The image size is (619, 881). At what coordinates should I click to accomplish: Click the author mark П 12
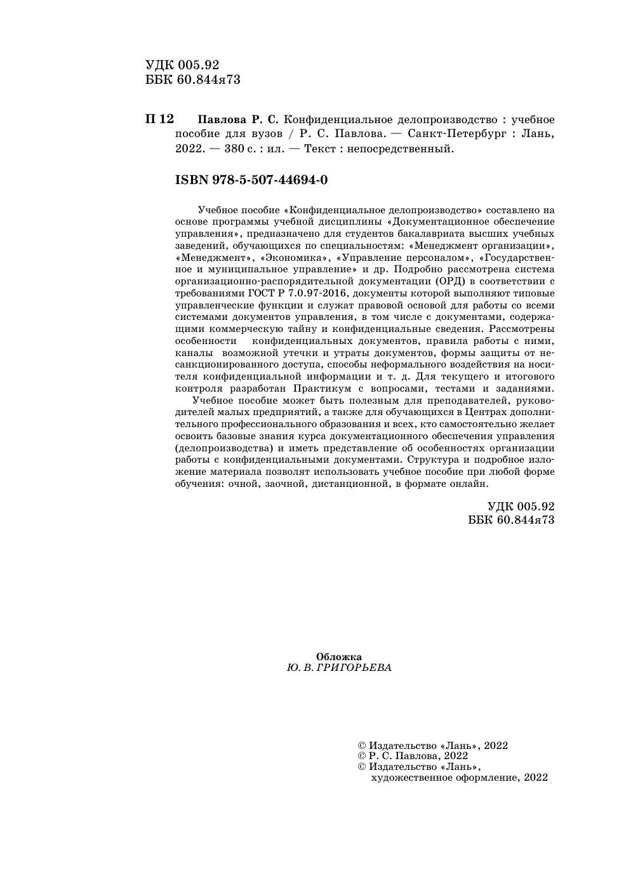point(159,119)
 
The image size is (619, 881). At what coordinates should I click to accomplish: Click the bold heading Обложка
point(339,657)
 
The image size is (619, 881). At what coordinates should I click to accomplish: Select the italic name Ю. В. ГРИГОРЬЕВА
point(339,668)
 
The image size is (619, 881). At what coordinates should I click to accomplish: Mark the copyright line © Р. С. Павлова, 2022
point(413,756)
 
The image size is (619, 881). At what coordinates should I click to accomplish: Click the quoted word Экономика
point(296,258)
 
